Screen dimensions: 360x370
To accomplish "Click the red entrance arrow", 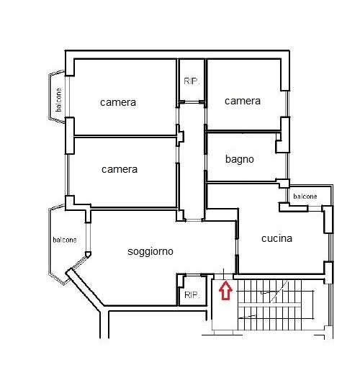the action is pos(225,291).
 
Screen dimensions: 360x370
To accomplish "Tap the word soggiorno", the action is pos(150,252).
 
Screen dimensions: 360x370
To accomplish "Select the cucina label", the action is pos(276,238).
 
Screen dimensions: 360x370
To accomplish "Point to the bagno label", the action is pos(240,159).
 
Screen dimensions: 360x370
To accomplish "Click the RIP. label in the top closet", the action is pos(192,81).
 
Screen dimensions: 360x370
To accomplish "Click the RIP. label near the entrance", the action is pos(192,294).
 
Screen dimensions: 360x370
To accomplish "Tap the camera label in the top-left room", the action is pos(118,102).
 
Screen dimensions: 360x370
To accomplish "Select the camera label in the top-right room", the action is pos(243,101).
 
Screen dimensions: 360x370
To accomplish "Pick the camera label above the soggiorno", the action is pos(120,169).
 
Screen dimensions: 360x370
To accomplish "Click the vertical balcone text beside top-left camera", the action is pos(58,100).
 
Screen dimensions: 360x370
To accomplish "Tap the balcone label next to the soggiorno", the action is pos(65,240).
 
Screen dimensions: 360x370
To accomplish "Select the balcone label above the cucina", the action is pos(305,197).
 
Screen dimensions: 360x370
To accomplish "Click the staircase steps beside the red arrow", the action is pos(275,305).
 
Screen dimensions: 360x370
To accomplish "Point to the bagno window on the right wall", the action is pos(287,166).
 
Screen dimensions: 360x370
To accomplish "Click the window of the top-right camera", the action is pos(287,104).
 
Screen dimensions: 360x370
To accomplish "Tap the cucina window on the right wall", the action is pos(330,247).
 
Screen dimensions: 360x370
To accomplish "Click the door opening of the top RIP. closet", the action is pos(192,102).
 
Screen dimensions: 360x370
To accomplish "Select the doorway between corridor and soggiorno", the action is pos(194,220).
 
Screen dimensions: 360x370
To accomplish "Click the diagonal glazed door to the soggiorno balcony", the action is pos(79,263).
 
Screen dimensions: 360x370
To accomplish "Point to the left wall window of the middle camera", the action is pos(68,175).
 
